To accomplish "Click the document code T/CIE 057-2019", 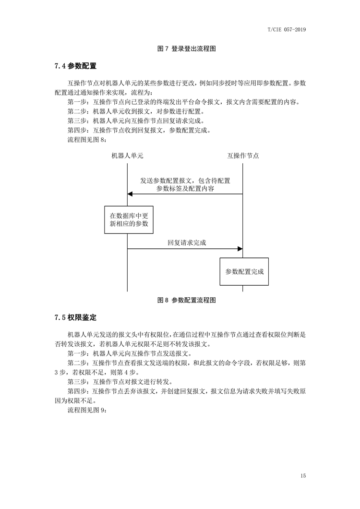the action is pyautogui.click(x=287, y=30).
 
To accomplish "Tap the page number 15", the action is pyautogui.click(x=303, y=476).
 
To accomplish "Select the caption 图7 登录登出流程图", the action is pyautogui.click(x=186, y=48).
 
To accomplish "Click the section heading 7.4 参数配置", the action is pyautogui.click(x=75, y=66).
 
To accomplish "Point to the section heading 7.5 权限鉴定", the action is pyautogui.click(x=75, y=317).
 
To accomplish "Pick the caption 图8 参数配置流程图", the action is pyautogui.click(x=186, y=300).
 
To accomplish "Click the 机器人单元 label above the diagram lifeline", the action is pyautogui.click(x=127, y=156).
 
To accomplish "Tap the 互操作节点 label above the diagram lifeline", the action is pyautogui.click(x=243, y=156).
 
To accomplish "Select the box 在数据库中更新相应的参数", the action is pyautogui.click(x=129, y=220).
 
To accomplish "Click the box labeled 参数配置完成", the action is pyautogui.click(x=244, y=272).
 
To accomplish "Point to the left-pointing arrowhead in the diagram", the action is pyautogui.click(x=130, y=194).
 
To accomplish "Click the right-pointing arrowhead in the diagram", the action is pyautogui.click(x=240, y=249).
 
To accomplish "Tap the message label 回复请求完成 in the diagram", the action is pyautogui.click(x=187, y=243).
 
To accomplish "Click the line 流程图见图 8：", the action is pyautogui.click(x=87, y=140).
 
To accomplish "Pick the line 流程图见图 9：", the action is pyautogui.click(x=87, y=410).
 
